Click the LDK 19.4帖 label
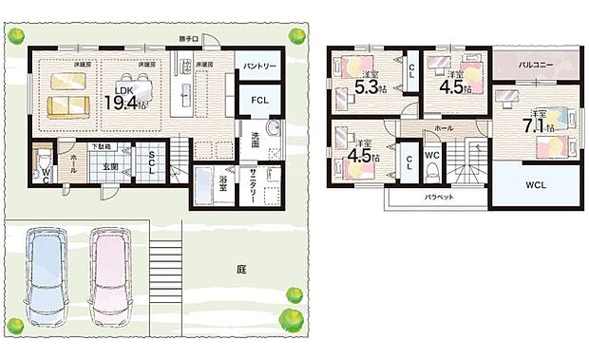pos(124,98)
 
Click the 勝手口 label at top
pos(190,39)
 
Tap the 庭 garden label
pos(241,269)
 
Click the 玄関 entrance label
pos(111,166)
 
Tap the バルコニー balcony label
pos(536,65)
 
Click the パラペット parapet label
pos(438,198)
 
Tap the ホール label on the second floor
pos(444,126)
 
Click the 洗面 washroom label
pos(255,139)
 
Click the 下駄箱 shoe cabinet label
pos(103,146)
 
